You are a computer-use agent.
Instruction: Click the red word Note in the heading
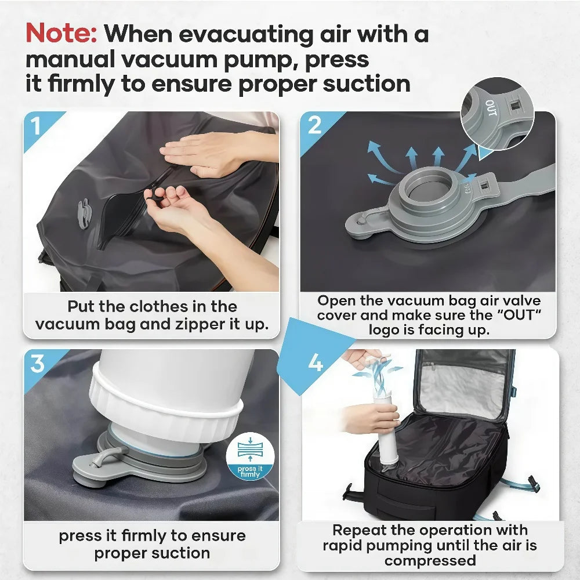[x=61, y=34]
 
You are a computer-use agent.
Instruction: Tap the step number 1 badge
[x=36, y=126]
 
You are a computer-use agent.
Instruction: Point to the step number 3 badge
[x=38, y=364]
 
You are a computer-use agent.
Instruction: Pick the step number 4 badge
[x=315, y=362]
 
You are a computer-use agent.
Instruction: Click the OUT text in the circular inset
[x=491, y=108]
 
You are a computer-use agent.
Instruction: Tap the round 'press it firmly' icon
[x=250, y=456]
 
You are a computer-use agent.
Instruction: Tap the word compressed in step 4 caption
[x=430, y=561]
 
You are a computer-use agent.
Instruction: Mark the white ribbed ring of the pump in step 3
[x=166, y=407]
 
